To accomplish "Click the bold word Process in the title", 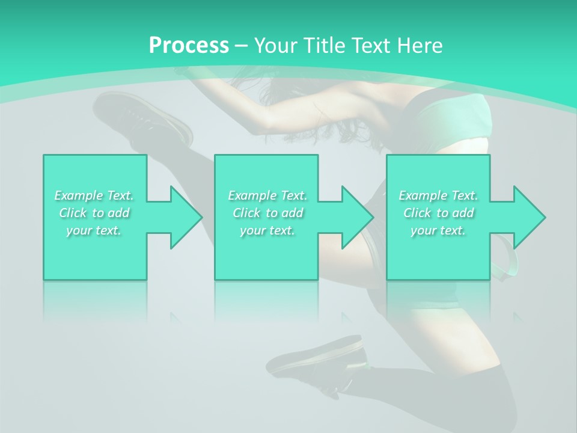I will pos(189,46).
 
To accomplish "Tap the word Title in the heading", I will pos(323,46).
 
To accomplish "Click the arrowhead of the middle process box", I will pos(357,217).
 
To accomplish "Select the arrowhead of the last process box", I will pos(529,217).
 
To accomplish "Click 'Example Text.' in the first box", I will pos(94,195).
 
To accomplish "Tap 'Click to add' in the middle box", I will pos(268,213).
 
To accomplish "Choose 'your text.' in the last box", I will pos(438,230).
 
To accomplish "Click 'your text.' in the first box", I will pos(94,230).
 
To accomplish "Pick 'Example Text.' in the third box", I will pos(438,195).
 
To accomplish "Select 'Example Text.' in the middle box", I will pos(267,195).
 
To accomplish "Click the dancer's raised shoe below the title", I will pos(138,117).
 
